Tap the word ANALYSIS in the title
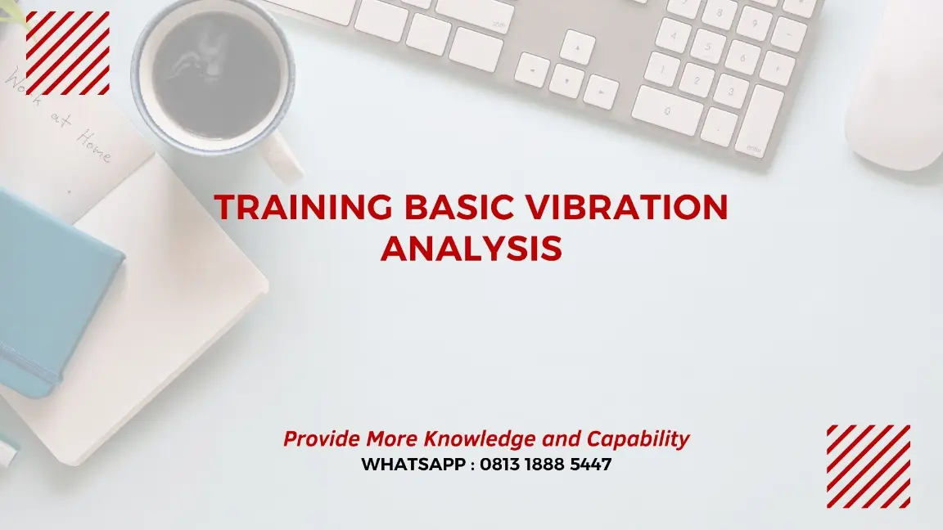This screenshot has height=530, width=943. [471, 248]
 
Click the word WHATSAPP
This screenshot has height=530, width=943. [414, 465]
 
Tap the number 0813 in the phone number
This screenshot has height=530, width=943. [504, 465]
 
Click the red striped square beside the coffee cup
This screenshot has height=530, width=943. [68, 53]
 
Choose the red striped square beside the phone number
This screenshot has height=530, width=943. [868, 466]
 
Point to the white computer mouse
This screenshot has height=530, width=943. [896, 94]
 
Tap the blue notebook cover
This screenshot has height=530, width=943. [53, 286]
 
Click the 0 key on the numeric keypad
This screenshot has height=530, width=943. [667, 110]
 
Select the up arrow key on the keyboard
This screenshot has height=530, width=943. [579, 47]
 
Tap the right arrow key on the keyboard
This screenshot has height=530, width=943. [602, 92]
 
